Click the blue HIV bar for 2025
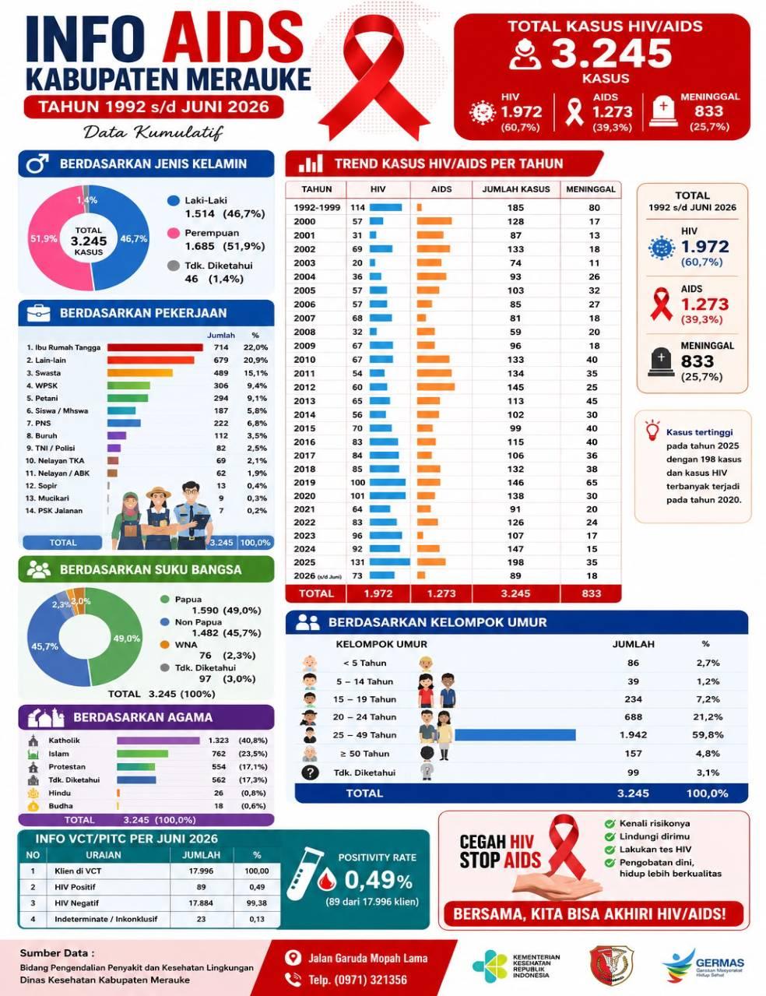coord(389,562)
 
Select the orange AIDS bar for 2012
coord(436,387)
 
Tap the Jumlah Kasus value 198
coord(515,562)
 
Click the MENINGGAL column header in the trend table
coord(591,189)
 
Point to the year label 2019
coord(304,482)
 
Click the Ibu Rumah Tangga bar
coord(155,347)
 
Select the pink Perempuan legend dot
coord(173,234)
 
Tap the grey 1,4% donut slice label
coord(86,200)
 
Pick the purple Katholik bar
coord(158,741)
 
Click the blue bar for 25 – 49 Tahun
coord(515,735)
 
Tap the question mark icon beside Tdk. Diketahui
coord(310,773)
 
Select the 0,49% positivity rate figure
coord(378,879)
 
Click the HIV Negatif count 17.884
coord(201,903)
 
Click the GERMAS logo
coord(704,964)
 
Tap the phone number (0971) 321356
coord(357,980)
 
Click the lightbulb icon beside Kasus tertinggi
coord(652,431)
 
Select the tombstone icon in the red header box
coord(663,111)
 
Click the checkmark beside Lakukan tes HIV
coord(610,850)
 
